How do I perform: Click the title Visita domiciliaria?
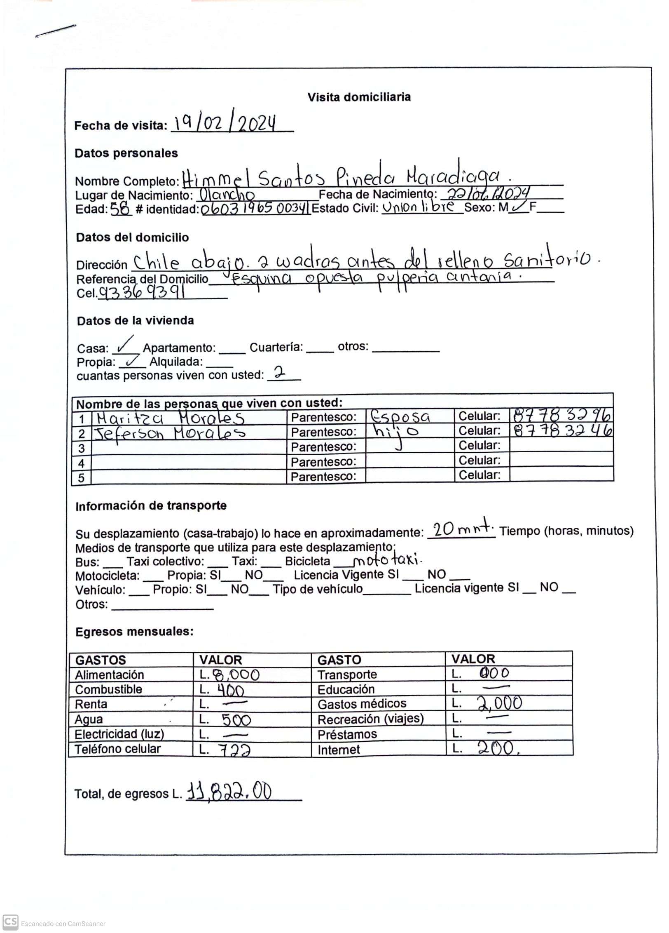pyautogui.click(x=359, y=97)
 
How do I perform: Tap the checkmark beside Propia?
pyautogui.click(x=132, y=361)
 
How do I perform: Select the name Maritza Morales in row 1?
pyautogui.click(x=171, y=418)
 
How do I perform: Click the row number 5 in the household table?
pyautogui.click(x=82, y=478)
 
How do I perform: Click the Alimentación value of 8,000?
pyautogui.click(x=236, y=674)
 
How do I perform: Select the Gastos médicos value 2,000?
pyautogui.click(x=499, y=703)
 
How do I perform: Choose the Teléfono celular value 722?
pyautogui.click(x=234, y=750)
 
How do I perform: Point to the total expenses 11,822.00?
pyautogui.click(x=229, y=792)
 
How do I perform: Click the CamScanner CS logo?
pyautogui.click(x=10, y=922)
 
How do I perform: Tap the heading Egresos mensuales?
pyautogui.click(x=134, y=632)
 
